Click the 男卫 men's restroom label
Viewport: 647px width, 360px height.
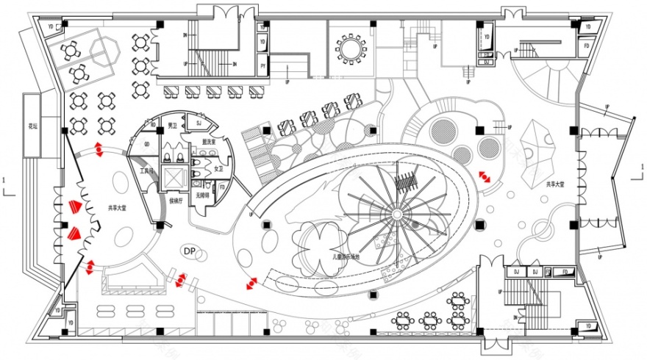tap(172, 126)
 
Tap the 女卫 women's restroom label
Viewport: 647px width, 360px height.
tap(218, 169)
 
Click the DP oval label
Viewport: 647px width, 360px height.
tap(189, 252)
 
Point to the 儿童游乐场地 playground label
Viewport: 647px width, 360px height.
tap(346, 257)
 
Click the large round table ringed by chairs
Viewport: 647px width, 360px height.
tap(351, 48)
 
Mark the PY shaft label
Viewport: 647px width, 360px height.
tap(262, 65)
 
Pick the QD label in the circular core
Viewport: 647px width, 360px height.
tap(147, 144)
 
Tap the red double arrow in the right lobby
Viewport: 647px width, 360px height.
tap(485, 177)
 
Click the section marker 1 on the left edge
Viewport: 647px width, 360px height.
tap(5, 180)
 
